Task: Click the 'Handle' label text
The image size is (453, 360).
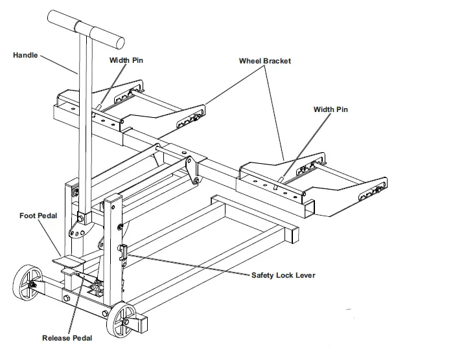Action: click(x=25, y=55)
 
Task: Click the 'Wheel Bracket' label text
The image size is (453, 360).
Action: click(x=264, y=61)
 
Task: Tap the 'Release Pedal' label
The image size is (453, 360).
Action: click(x=67, y=338)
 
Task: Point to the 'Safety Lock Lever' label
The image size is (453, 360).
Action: click(x=283, y=275)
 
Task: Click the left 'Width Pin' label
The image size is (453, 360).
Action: click(x=126, y=60)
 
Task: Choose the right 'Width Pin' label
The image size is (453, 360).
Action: click(x=331, y=109)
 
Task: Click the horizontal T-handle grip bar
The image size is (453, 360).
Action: click(x=84, y=32)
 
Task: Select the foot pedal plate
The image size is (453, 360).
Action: click(x=70, y=262)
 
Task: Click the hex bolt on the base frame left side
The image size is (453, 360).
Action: click(x=66, y=298)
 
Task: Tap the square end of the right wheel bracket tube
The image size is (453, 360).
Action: click(x=310, y=208)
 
